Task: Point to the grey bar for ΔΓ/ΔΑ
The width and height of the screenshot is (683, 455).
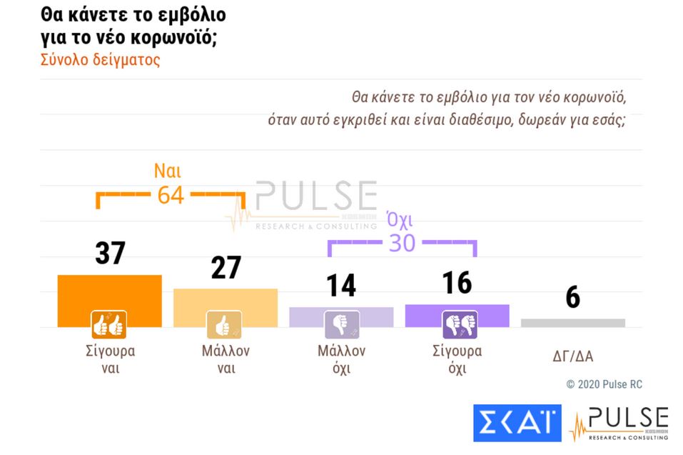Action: pyautogui.click(x=572, y=323)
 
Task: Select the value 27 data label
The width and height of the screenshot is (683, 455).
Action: pyautogui.click(x=226, y=268)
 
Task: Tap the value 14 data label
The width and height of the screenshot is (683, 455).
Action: pyautogui.click(x=340, y=286)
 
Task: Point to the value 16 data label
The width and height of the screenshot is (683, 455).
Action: pyautogui.click(x=457, y=283)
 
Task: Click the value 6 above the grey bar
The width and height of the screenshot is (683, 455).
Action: pyautogui.click(x=572, y=298)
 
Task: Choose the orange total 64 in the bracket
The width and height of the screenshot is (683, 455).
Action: pyautogui.click(x=171, y=194)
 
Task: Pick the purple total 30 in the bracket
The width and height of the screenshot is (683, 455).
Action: pyautogui.click(x=402, y=244)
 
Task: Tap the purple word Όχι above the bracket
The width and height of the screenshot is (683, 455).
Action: pyautogui.click(x=400, y=219)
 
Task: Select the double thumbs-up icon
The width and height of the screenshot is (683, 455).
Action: pyautogui.click(x=109, y=324)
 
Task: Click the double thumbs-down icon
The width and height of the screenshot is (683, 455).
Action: pyautogui.click(x=457, y=325)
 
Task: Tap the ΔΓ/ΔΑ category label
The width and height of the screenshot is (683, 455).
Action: pyautogui.click(x=572, y=357)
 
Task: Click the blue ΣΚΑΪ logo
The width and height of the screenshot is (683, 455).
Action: pyautogui.click(x=517, y=423)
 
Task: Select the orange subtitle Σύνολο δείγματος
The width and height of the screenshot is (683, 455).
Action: pyautogui.click(x=101, y=60)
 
